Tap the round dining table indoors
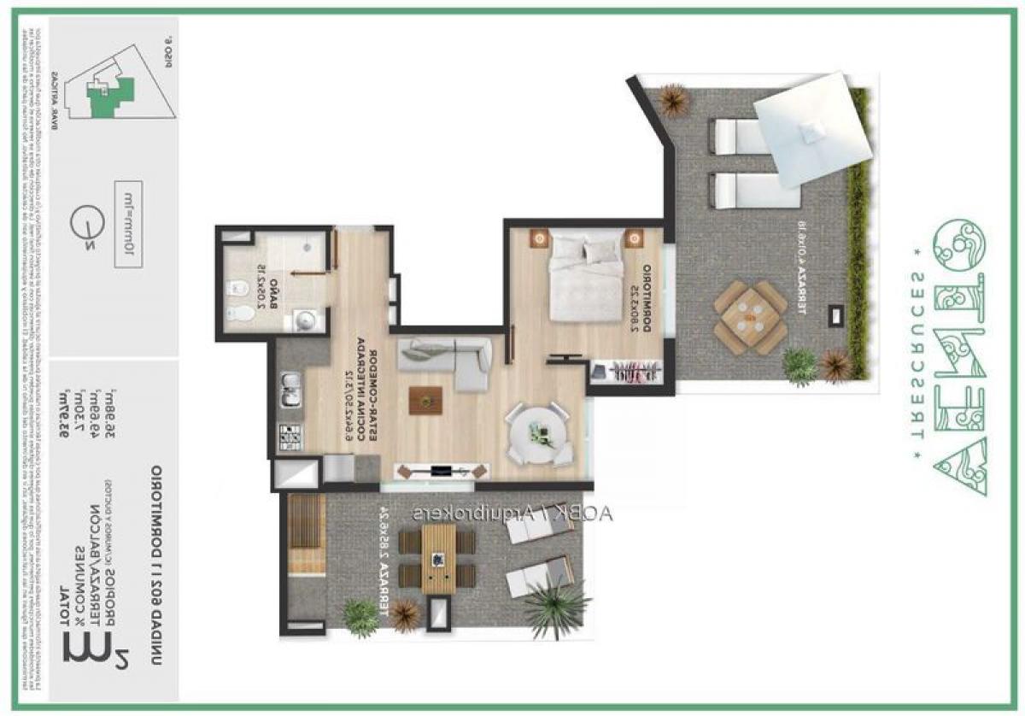click(536, 433)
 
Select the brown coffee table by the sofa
click(425, 399)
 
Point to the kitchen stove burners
click(288, 436)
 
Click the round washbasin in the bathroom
click(306, 320)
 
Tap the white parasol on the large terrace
click(811, 132)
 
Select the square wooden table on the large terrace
click(750, 316)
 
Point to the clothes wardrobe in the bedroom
click(628, 372)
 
